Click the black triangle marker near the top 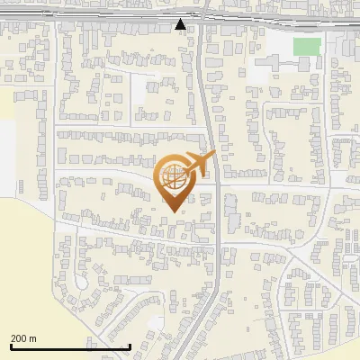181,24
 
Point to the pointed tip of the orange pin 173,211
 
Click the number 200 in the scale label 18,338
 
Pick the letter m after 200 33,338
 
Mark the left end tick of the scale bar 10,346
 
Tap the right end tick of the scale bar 130,346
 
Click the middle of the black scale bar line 70,347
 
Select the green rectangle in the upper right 307,46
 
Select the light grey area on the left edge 7,157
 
